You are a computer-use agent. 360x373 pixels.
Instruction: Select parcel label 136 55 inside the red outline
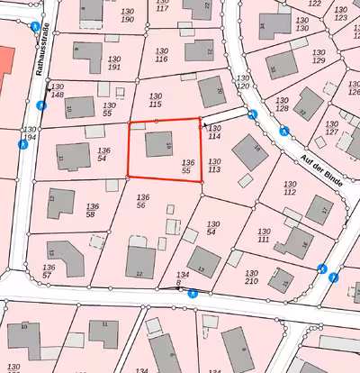[x=186, y=165]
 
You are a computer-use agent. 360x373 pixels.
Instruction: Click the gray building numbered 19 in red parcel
[x=160, y=142]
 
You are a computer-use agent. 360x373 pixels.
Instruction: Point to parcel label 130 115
[x=155, y=101]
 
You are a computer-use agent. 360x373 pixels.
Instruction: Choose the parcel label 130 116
[x=160, y=55]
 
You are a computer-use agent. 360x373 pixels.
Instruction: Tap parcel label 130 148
[x=57, y=90]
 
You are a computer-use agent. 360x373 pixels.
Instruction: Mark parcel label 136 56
[x=141, y=201]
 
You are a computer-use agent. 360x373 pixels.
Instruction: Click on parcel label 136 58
[x=91, y=211]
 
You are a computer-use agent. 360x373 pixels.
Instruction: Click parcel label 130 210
[x=251, y=276]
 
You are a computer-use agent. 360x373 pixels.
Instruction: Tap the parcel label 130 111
[x=265, y=235]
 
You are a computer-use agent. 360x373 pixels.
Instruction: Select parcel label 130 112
[x=290, y=188]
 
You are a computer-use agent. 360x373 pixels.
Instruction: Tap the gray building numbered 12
[x=140, y=260]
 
